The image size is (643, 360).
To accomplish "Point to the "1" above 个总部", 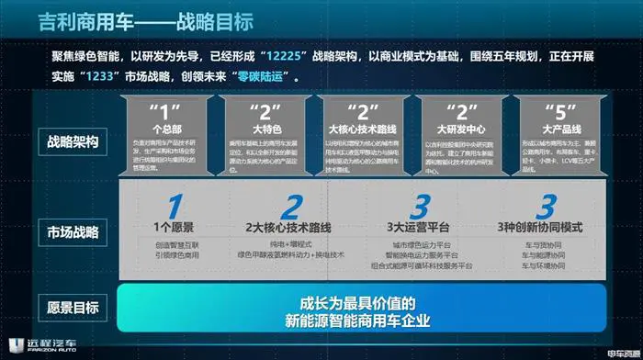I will click(172, 111).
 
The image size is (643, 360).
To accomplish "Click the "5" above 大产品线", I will click(553, 111).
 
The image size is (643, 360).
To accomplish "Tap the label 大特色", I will click(266, 129).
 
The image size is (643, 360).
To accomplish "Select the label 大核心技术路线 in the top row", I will click(362, 129).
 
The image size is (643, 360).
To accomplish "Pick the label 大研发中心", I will click(457, 129).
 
